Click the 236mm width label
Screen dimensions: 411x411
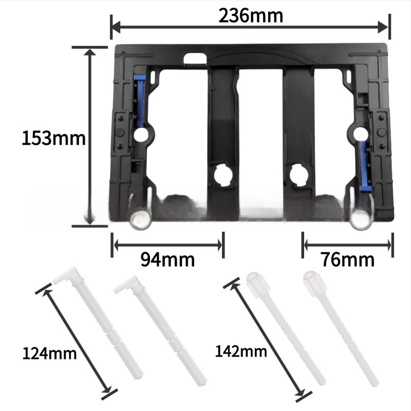tap(251, 16)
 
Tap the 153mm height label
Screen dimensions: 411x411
tap(54, 138)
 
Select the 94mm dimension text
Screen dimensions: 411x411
tap(168, 259)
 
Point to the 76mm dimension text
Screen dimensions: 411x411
tap(348, 259)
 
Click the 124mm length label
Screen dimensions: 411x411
tap(49, 353)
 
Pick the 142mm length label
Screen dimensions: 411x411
tap(241, 351)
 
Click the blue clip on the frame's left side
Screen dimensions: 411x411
tap(139, 100)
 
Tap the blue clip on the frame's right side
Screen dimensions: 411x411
tap(365, 165)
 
